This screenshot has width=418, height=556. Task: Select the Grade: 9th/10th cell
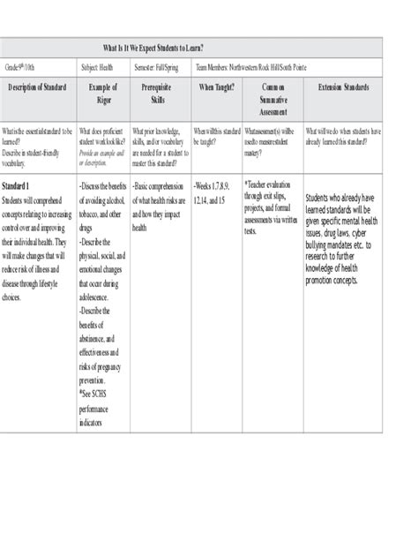click(24, 66)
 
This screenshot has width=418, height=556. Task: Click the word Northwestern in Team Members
click(252, 66)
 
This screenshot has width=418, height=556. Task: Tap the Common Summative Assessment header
click(269, 100)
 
